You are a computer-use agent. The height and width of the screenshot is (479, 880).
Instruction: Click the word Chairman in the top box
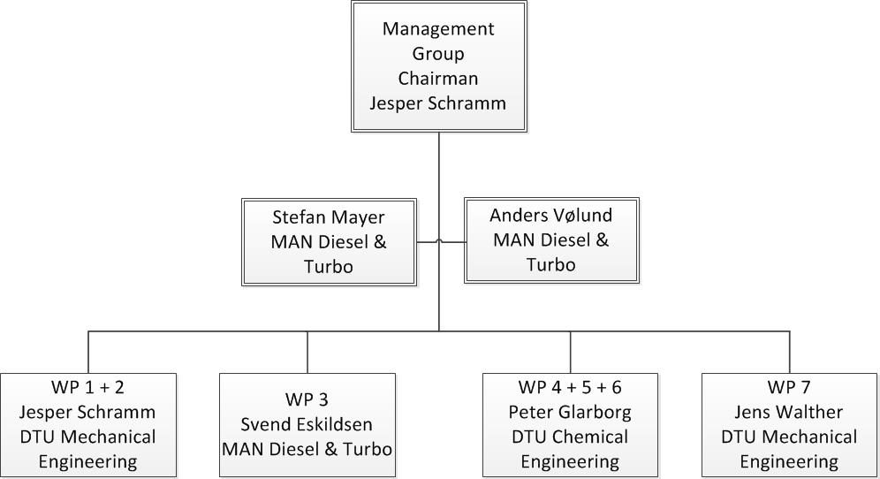point(437,78)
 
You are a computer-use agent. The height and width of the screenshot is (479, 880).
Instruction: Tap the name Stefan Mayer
point(329,218)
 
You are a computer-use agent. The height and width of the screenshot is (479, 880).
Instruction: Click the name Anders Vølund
point(551,215)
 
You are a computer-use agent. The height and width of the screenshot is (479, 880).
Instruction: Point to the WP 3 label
point(307,399)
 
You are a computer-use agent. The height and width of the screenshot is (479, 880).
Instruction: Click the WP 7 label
point(789,387)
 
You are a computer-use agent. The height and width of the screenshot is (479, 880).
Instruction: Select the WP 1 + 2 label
point(87,387)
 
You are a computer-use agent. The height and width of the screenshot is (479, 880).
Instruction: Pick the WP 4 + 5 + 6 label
point(570,387)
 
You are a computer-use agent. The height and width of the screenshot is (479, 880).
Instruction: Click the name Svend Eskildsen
point(307,424)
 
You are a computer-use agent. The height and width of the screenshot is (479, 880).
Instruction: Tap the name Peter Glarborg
point(570,412)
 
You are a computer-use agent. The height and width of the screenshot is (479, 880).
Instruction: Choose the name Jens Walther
point(789,412)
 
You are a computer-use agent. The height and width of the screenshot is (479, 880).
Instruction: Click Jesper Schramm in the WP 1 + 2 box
point(87,412)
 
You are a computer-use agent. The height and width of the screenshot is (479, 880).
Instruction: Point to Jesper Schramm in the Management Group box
point(437,103)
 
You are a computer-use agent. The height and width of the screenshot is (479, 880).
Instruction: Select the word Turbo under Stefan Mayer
point(329,267)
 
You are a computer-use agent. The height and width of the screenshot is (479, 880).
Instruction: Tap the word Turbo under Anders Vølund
point(551,264)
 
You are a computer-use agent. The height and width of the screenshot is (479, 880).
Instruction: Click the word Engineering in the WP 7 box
point(789,462)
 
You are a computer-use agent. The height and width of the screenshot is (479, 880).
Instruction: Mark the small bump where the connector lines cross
point(439,241)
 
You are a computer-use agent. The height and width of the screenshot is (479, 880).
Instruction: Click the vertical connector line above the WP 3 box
point(307,352)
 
